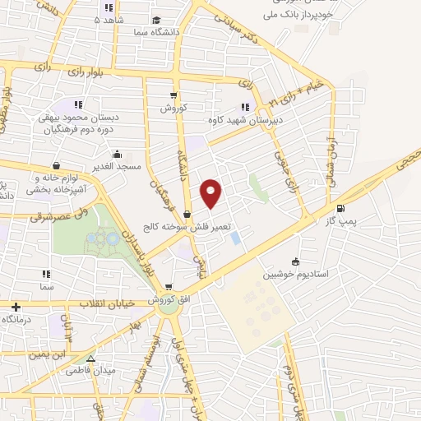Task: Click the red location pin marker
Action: pos(211,193)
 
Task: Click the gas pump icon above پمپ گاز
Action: pos(341,208)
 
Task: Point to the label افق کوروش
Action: pos(168,302)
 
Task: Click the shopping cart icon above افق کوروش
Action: pos(169,288)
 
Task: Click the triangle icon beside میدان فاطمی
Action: pos(90,360)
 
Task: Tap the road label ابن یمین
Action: pos(68,356)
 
